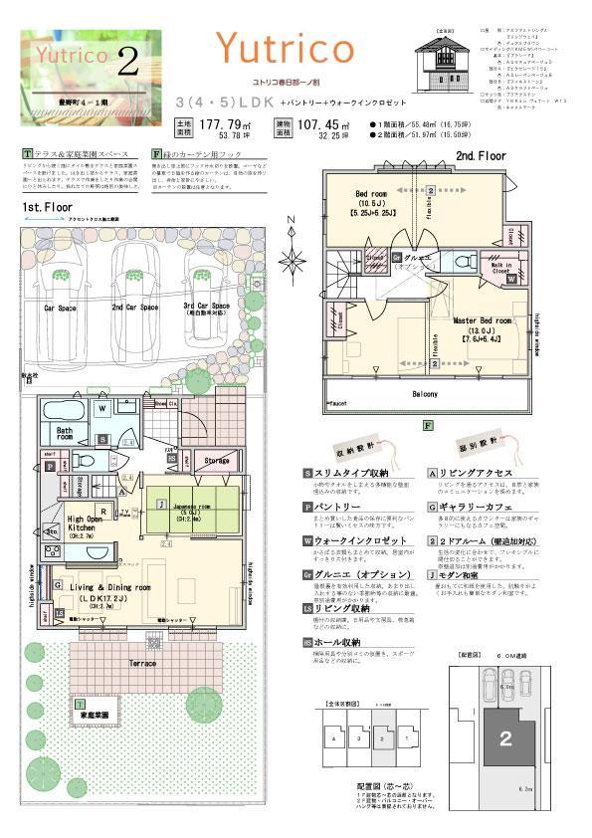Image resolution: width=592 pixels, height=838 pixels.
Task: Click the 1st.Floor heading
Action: point(49,207)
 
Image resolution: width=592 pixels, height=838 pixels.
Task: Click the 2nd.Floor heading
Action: point(482,156)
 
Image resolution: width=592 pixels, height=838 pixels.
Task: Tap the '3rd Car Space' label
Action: point(207,307)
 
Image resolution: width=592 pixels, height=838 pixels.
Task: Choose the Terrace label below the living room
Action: point(143,661)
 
